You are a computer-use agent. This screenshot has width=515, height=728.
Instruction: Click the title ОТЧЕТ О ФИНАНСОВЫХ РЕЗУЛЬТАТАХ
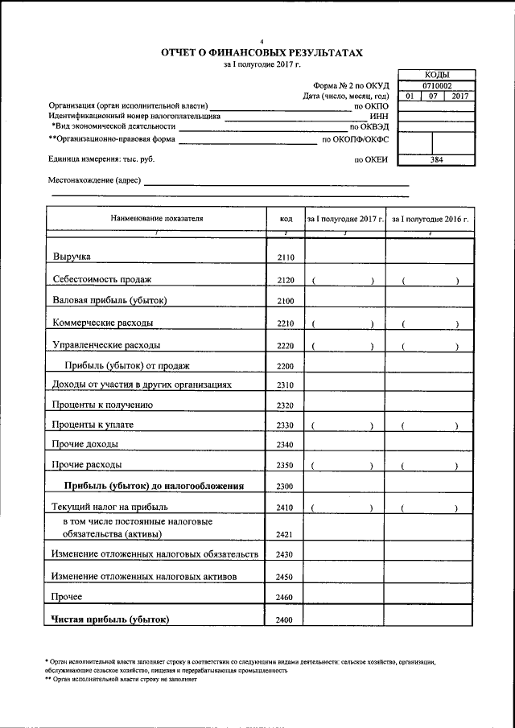click(262, 53)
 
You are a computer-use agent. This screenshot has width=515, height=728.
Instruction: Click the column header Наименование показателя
click(156, 218)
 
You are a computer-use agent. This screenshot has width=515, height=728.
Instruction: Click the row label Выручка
click(72, 257)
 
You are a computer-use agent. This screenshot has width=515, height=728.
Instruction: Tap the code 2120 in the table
click(285, 280)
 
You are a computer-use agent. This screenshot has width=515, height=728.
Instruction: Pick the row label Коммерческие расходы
click(102, 323)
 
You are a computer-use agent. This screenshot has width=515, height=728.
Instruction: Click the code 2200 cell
click(285, 366)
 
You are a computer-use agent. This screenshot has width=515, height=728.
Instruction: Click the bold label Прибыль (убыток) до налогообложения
click(154, 485)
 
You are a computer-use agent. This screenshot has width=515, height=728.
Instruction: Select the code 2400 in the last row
click(285, 619)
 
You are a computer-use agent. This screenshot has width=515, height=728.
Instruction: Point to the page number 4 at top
click(262, 40)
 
